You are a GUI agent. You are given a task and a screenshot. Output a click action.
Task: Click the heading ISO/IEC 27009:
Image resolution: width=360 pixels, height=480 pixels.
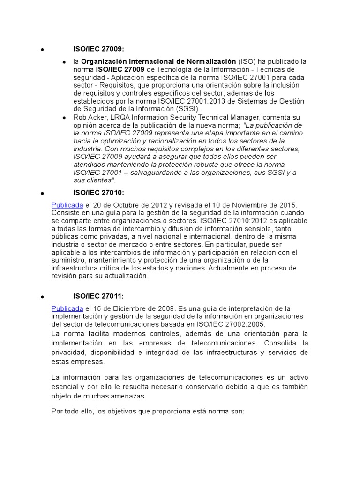(98, 48)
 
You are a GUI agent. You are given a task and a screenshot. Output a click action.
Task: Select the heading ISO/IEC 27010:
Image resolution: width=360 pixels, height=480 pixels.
(98, 193)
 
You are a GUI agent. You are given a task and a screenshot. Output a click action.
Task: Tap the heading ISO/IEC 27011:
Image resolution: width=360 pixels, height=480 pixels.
(98, 296)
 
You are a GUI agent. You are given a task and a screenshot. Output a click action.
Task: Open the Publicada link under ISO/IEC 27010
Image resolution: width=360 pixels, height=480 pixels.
(67, 205)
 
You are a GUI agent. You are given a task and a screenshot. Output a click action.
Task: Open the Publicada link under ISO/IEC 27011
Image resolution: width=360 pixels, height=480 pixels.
(67, 308)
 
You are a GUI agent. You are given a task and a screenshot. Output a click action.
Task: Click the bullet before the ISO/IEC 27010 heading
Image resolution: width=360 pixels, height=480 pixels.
(42, 193)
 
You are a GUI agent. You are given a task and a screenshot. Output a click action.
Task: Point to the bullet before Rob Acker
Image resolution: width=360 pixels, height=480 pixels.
(64, 117)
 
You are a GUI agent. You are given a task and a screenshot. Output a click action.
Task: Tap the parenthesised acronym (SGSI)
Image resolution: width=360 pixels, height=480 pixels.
(173, 109)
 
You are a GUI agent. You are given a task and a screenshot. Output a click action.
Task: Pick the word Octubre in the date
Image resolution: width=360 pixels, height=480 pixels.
(127, 205)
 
